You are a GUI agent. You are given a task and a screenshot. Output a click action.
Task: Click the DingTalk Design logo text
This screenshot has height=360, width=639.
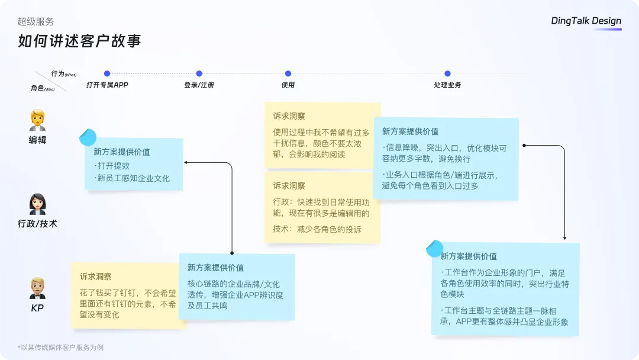point(586,21)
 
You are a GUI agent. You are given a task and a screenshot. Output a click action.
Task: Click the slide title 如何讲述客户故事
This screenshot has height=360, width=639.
point(79,41)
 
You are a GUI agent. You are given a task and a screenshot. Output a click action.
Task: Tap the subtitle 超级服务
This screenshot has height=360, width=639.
point(35,21)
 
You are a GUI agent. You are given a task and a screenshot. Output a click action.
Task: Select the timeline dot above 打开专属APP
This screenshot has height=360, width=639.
point(107,73)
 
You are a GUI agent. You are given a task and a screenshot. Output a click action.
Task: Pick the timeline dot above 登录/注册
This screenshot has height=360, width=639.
point(199,73)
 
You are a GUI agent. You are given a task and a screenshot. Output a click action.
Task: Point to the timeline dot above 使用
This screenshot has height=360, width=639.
point(288,73)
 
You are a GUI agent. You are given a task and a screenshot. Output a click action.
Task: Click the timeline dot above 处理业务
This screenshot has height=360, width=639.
point(447,73)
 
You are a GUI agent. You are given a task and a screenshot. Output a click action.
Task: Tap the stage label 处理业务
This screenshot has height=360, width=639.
point(447,85)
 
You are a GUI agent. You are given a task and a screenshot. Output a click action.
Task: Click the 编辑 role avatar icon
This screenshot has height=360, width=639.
point(37,120)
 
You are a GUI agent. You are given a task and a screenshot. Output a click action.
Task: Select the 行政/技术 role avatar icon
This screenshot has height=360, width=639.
point(37,204)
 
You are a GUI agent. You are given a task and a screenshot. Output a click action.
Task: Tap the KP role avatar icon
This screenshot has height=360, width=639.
point(37,288)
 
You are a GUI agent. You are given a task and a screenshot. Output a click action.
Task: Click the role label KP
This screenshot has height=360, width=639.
point(37,308)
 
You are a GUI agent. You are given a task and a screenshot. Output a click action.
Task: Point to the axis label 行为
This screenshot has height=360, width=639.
point(58,73)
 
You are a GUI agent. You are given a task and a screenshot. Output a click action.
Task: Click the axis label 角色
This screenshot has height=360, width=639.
point(37,88)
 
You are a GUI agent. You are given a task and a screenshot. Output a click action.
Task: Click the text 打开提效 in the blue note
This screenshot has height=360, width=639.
point(113,166)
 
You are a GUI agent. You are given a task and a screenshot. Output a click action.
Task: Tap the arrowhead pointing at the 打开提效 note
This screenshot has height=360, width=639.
point(185,162)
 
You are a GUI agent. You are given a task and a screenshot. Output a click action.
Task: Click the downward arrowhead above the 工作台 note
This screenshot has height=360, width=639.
point(565,238)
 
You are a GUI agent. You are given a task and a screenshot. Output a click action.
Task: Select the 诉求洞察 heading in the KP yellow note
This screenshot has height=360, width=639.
point(95,277)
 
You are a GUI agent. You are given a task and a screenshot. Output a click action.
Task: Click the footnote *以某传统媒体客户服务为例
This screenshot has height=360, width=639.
point(60,348)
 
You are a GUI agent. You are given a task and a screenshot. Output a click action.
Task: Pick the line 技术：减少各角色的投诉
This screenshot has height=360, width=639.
point(317,229)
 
